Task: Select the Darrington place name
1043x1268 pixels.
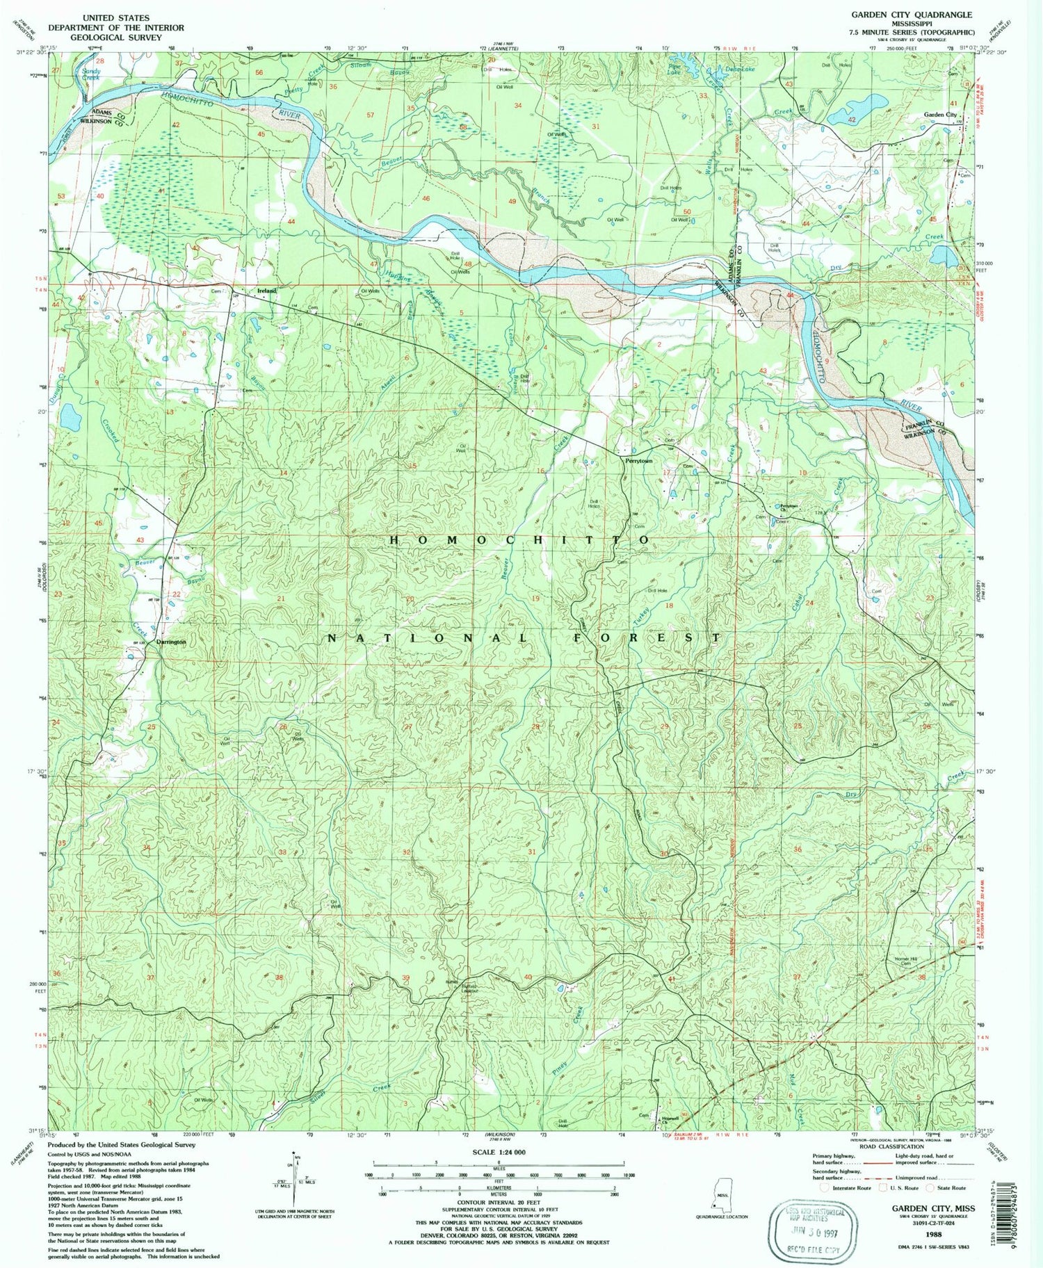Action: point(171,642)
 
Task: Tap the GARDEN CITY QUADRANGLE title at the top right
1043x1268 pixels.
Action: point(912,15)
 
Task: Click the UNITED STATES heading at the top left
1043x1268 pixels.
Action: point(115,17)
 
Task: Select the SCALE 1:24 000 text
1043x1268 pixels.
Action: point(499,1153)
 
